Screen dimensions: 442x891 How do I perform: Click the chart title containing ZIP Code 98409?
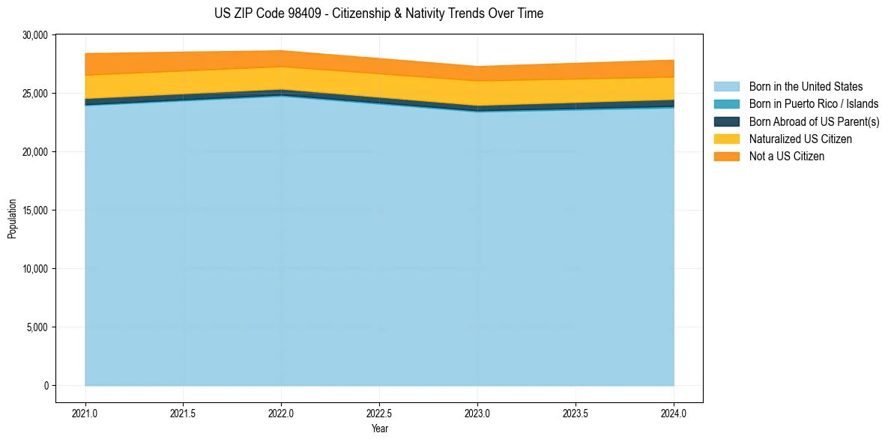(x=378, y=13)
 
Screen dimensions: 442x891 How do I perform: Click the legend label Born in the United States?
(x=806, y=87)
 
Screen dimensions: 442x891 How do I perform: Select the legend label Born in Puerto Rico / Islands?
(x=814, y=104)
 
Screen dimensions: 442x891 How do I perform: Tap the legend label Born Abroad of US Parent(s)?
(x=814, y=121)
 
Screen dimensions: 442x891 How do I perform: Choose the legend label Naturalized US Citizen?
(x=800, y=139)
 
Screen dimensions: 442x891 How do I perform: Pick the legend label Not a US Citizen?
(x=787, y=157)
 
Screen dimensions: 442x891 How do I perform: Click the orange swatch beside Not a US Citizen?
(x=726, y=157)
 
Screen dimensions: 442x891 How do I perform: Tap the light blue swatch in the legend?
(x=726, y=87)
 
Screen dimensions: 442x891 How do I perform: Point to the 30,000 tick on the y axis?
(x=35, y=35)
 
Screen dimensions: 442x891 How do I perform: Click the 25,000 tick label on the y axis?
(x=35, y=94)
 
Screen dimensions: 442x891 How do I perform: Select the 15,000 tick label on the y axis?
(x=35, y=211)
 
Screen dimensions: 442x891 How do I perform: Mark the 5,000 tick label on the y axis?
(x=37, y=327)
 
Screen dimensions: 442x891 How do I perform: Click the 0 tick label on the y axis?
(x=46, y=386)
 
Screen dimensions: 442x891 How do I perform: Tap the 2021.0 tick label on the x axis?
(x=85, y=413)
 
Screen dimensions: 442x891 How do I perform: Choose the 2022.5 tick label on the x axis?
(x=379, y=413)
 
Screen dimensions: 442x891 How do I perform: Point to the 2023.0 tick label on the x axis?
(x=477, y=413)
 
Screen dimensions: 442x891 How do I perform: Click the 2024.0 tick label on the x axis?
(x=674, y=413)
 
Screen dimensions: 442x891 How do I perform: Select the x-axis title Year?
(x=379, y=429)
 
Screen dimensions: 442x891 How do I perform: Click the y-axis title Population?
(x=12, y=219)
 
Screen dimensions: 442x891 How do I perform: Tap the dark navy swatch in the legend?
(x=726, y=121)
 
